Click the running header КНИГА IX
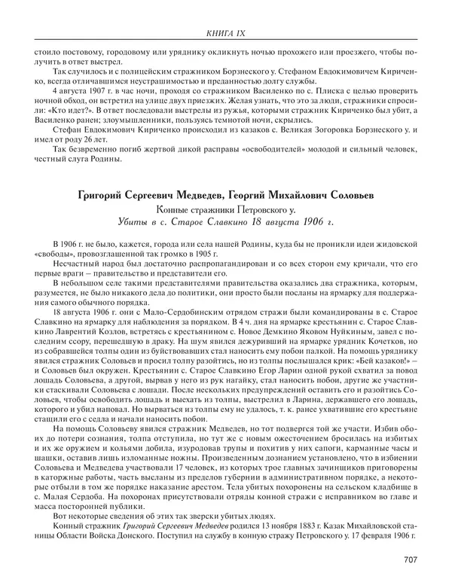point(226,32)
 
